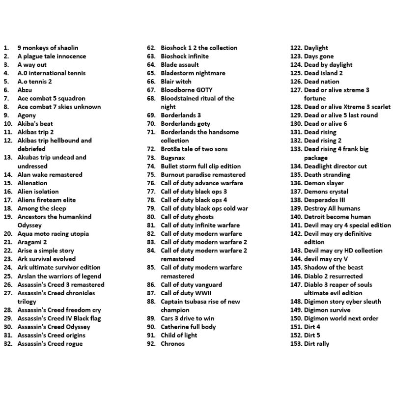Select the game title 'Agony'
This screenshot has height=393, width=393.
[27, 115]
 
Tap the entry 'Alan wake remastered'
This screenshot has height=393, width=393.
[50, 174]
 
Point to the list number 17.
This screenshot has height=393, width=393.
[7, 200]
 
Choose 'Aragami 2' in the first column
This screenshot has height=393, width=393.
[32, 242]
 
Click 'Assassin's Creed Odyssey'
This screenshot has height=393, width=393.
[54, 327]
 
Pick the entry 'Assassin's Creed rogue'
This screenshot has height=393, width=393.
[50, 344]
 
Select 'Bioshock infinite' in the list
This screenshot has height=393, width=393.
[185, 56]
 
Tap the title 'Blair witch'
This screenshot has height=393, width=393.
[176, 82]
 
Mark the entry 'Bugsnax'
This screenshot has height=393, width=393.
[173, 158]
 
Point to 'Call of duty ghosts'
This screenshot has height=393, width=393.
[187, 217]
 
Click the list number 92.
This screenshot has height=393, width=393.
[151, 344]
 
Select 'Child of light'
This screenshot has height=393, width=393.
[179, 336]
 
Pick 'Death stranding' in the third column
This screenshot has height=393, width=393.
[327, 174]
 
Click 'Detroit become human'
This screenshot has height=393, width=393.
[337, 217]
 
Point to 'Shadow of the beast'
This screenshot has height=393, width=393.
[333, 268]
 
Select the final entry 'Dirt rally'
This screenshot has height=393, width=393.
[316, 344]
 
